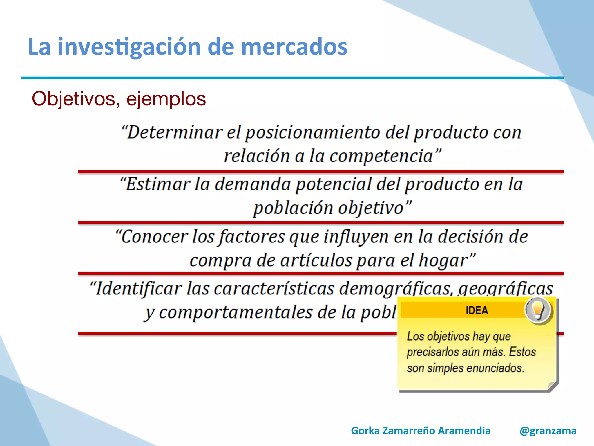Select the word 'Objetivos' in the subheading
tap(74, 99)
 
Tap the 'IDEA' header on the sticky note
tap(477, 310)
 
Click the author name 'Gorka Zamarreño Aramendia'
tap(421, 431)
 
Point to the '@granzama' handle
tap(548, 431)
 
